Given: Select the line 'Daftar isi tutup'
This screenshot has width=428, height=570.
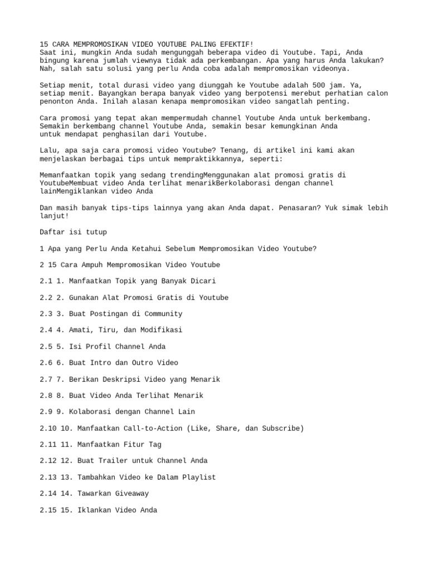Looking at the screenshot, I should pos(74,232).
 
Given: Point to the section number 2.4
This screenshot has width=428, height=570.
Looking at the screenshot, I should pos(47,330).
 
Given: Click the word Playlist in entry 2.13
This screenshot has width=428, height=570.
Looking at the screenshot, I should pos(197,478).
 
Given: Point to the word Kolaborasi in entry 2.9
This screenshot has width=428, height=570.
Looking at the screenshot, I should pos(90,412).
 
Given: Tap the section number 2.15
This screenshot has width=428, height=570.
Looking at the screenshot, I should pos(49,510).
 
